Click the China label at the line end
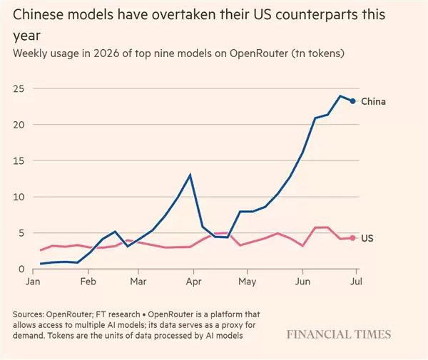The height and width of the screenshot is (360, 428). click(373, 101)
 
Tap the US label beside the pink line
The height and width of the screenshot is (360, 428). click(367, 238)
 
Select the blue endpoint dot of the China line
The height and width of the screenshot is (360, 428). click(352, 101)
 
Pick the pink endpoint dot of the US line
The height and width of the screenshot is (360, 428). click(352, 238)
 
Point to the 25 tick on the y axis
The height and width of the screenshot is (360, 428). click(19, 88)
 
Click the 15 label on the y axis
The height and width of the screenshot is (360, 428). click(19, 161)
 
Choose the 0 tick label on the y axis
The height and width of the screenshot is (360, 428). click(21, 269)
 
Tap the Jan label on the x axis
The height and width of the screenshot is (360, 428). click(33, 281)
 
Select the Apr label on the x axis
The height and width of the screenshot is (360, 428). click(193, 282)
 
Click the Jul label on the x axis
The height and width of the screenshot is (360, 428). click(356, 281)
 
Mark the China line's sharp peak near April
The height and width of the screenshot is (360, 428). click(190, 175)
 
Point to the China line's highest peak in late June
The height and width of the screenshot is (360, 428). click(340, 96)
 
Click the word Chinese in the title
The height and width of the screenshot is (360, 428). click(39, 14)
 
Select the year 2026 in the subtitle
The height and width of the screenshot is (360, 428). click(106, 53)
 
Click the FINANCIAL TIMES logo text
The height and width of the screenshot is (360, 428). click(339, 334)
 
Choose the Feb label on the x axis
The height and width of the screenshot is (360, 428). click(88, 281)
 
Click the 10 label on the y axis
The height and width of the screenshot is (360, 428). click(19, 197)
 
